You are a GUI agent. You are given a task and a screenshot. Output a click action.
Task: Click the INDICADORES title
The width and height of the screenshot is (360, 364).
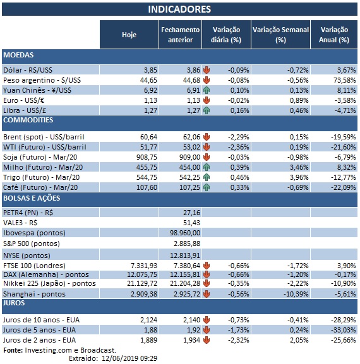pos(179,9)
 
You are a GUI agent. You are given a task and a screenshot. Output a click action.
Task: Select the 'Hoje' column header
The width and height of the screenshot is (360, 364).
pos(129,35)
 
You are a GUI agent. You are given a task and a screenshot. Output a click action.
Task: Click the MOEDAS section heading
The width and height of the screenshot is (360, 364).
pos(18,56)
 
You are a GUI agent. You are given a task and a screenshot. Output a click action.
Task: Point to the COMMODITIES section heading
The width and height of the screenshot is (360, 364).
pos(28,120)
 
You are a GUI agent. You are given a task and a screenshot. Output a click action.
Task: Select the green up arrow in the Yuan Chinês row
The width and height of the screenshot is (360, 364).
pos(206,91)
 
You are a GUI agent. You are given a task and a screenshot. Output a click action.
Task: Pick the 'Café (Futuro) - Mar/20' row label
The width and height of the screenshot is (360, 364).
pos(40,187)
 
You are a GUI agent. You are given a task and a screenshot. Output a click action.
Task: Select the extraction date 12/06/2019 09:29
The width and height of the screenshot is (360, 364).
pos(129,358)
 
